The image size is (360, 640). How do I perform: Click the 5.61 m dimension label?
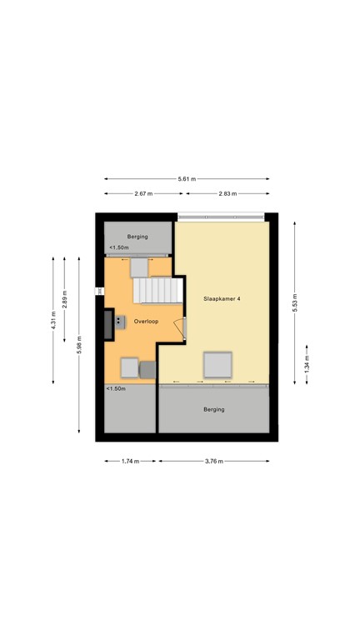[187, 179]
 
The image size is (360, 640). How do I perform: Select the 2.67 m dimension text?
[143, 194]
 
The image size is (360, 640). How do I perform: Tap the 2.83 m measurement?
[227, 194]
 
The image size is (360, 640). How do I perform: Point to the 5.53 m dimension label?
[295, 302]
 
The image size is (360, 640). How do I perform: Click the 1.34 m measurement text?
[307, 363]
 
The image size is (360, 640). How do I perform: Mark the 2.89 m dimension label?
[64, 299]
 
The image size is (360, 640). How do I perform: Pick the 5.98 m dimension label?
[79, 344]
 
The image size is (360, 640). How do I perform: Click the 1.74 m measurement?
[130, 461]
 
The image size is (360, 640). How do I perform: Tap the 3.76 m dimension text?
[214, 461]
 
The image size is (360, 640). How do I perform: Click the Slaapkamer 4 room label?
[222, 299]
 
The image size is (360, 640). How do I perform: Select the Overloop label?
[146, 322]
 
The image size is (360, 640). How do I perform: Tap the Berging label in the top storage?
[137, 237]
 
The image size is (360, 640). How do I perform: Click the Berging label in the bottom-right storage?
[214, 409]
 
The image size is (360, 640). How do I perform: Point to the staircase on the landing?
[157, 290]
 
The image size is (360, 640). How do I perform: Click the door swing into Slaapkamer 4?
[180, 328]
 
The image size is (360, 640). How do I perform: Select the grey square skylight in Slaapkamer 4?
[218, 364]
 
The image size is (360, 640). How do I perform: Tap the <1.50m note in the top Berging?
[119, 247]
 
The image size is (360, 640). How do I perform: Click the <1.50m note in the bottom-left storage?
[116, 388]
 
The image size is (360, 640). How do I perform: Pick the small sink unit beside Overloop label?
[120, 322]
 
